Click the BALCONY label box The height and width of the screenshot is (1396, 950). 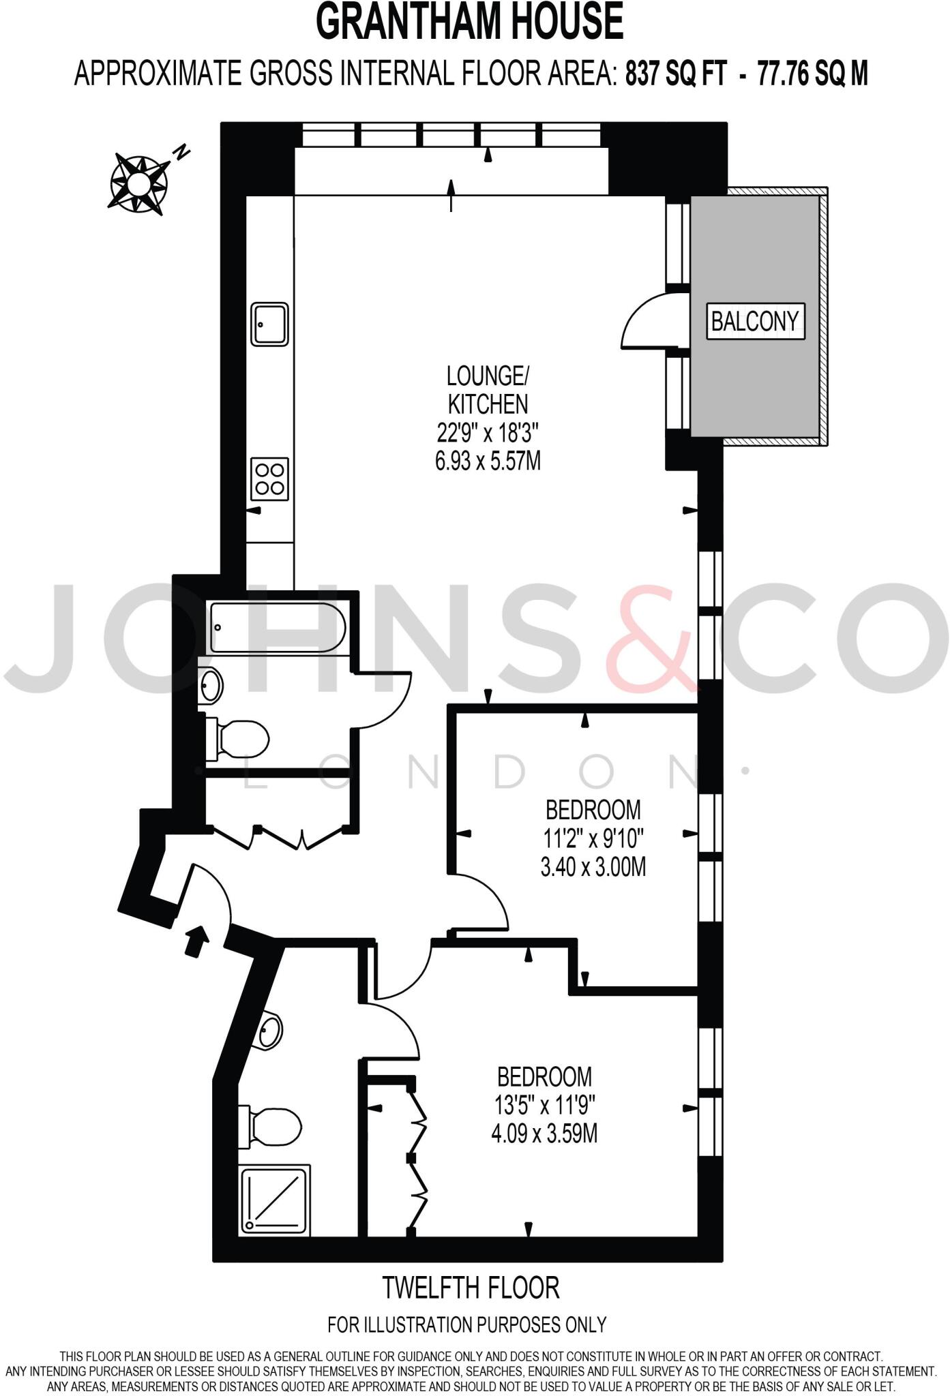[754, 320]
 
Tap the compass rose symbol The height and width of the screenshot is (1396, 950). [138, 182]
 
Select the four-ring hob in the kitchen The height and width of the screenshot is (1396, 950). [270, 479]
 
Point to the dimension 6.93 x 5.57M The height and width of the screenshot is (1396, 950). [488, 461]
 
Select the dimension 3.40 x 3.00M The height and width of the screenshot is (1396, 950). [593, 867]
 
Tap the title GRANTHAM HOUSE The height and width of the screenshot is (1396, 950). [470, 22]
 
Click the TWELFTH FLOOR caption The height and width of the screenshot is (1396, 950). [471, 1288]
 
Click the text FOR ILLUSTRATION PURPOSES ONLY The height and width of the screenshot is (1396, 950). [467, 1324]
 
